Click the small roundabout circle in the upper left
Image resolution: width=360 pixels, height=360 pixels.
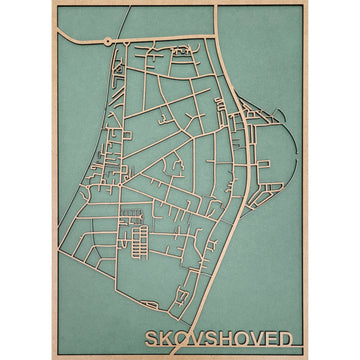tap(107, 41)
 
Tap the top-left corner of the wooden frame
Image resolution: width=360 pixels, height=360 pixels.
tap(52, 3)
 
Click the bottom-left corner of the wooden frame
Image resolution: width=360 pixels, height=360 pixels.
tap(52, 356)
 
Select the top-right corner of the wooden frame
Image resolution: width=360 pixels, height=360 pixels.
tap(307, 3)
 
